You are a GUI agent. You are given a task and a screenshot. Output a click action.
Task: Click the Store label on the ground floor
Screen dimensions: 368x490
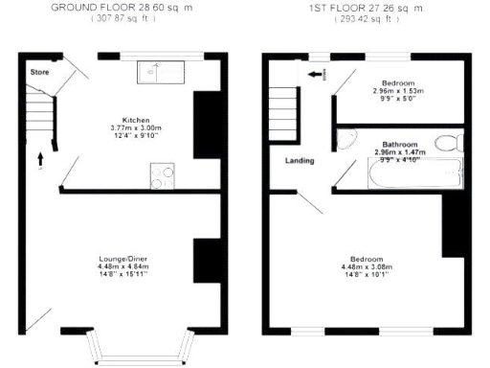point(38,72)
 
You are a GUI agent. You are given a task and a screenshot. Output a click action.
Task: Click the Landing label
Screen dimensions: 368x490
point(301,160)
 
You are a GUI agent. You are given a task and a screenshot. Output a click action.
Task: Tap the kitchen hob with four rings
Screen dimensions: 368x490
point(162,175)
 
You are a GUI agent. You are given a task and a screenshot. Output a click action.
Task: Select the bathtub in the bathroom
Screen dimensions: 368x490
point(414,173)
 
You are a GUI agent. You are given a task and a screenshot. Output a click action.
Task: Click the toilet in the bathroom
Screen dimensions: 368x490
point(446,145)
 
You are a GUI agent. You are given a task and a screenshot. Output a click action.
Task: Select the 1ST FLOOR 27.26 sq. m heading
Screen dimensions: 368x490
point(365,8)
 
